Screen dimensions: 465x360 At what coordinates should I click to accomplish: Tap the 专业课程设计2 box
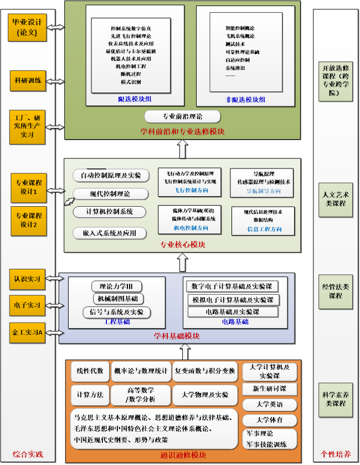tap(28, 220)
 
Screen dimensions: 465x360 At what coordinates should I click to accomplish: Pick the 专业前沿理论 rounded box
tap(182, 117)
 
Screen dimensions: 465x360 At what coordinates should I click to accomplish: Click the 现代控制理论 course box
tap(110, 194)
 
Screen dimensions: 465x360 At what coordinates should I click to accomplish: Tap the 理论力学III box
tap(116, 287)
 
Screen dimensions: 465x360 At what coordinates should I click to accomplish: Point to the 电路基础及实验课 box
tap(232, 312)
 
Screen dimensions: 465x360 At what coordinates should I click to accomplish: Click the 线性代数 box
tap(90, 371)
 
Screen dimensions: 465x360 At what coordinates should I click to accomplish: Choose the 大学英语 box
tap(270, 404)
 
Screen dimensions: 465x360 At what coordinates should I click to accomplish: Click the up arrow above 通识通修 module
tap(185, 351)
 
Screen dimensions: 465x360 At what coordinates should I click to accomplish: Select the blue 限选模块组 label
tap(135, 99)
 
